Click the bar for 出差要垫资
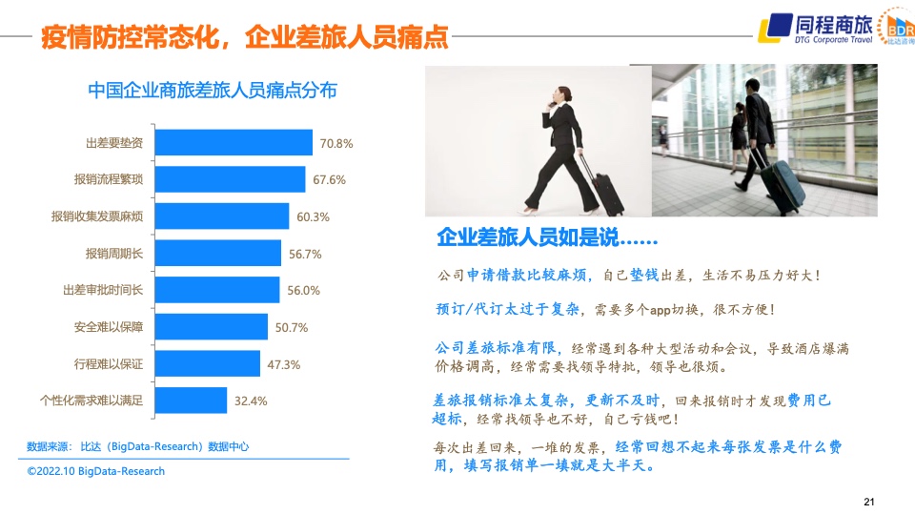point(234,142)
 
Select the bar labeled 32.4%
point(191,401)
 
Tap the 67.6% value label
point(329,180)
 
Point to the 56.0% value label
point(303,290)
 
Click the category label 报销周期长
point(113,254)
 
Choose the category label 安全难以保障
point(108,327)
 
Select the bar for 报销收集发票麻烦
point(222,216)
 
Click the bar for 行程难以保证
point(207,363)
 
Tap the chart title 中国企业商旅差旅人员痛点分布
point(213,91)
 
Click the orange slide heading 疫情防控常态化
point(130,37)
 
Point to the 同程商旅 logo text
point(833,25)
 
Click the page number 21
point(869,502)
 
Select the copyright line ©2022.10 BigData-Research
point(96,471)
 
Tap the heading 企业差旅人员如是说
point(547,237)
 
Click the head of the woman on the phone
point(562,94)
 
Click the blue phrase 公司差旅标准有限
point(496,348)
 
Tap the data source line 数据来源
point(137,446)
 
